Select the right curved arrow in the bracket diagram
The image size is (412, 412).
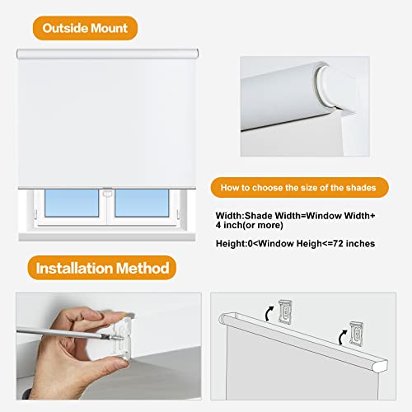[339, 335]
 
